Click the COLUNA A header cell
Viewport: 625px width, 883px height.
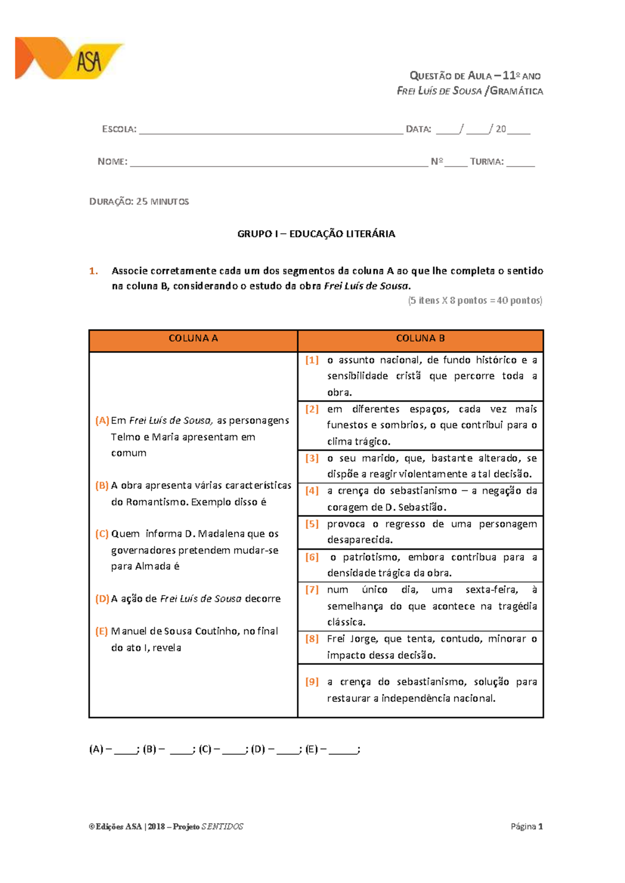coord(193,338)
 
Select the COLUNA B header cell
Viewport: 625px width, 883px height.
coord(420,338)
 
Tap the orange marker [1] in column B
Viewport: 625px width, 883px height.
coord(311,360)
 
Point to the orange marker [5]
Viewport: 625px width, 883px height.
coord(311,524)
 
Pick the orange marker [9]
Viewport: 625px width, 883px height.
coord(311,682)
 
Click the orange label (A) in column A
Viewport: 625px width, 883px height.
coord(102,420)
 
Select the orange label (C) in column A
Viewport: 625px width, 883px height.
coord(102,534)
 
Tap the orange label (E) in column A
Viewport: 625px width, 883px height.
coord(102,631)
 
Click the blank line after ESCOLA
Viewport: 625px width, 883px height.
coord(271,130)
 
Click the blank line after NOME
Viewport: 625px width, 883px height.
coord(279,162)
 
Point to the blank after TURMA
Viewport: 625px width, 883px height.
coord(520,162)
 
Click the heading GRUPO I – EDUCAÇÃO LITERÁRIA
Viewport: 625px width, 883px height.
coord(316,234)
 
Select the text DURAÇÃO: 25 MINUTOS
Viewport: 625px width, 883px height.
coord(139,201)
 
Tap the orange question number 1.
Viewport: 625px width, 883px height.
coord(93,271)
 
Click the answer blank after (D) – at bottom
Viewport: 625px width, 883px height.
coord(288,750)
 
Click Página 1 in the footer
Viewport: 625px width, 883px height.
coord(527,826)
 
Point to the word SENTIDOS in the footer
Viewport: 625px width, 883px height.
coord(222,826)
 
